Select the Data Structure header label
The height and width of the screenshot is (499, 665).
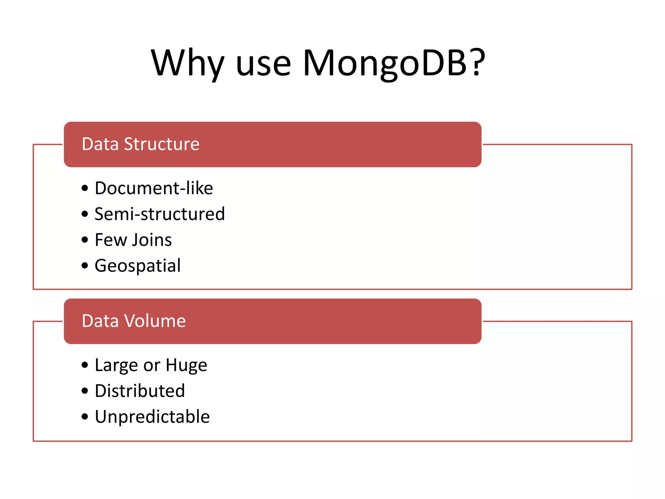click(141, 144)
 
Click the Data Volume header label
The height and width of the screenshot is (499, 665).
click(134, 321)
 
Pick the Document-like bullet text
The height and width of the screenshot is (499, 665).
click(154, 188)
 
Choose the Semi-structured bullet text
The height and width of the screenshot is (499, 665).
click(159, 214)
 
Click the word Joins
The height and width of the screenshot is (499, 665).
click(152, 240)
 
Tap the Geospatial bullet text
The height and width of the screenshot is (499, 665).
click(138, 266)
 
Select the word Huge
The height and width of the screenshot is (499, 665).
click(186, 365)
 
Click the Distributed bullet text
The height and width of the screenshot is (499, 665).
click(140, 391)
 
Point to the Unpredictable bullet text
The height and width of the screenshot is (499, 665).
click(152, 417)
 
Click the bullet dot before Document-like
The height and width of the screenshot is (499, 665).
click(85, 188)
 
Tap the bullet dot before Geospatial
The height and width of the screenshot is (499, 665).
click(85, 266)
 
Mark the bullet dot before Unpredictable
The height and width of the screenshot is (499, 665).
click(85, 417)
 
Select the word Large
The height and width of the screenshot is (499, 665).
click(116, 365)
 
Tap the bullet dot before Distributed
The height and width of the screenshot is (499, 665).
click(85, 391)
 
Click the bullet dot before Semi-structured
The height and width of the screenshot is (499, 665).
click(85, 214)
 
